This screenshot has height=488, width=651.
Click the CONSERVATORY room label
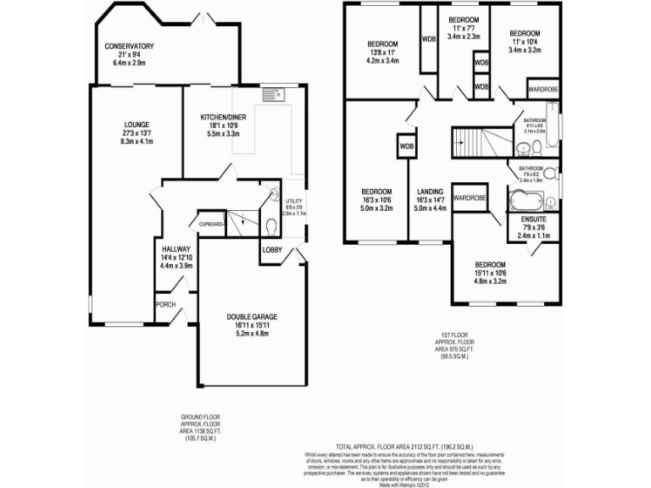129,46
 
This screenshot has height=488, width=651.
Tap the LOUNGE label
136,124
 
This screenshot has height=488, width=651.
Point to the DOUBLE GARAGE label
252,317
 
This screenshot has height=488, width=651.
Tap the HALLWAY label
176,249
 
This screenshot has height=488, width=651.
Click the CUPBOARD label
210,225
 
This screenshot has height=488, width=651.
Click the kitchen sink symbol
272,95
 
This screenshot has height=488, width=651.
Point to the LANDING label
429,191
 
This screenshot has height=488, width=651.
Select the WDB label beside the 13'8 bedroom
429,39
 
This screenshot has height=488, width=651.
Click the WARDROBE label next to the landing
469,197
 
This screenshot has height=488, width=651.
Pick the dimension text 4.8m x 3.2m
489,281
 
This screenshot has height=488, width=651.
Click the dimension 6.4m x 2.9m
129,63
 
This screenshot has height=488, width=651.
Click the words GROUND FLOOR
201,418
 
